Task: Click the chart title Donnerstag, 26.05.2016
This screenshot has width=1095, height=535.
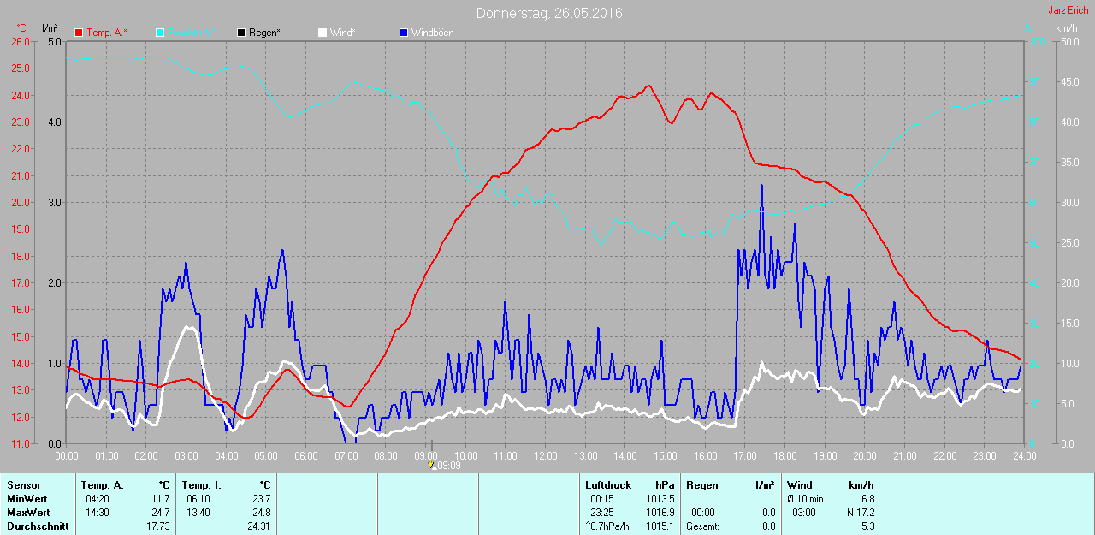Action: [x=549, y=13]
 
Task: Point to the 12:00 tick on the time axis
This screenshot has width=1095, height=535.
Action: [x=546, y=456]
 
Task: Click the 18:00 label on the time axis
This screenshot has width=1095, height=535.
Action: [x=785, y=456]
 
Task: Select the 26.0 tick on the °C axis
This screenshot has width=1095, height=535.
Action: [x=20, y=41]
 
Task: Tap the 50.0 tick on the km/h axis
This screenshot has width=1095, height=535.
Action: [x=1068, y=41]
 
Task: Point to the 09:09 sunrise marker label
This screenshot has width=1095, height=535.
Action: [x=449, y=466]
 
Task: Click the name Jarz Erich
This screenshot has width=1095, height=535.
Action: [x=1068, y=11]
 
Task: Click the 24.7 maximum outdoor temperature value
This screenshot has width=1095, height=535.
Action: [x=160, y=512]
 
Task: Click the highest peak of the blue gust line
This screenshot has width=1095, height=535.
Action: [x=761, y=185]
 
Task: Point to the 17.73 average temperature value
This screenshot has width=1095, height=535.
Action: [x=159, y=526]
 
